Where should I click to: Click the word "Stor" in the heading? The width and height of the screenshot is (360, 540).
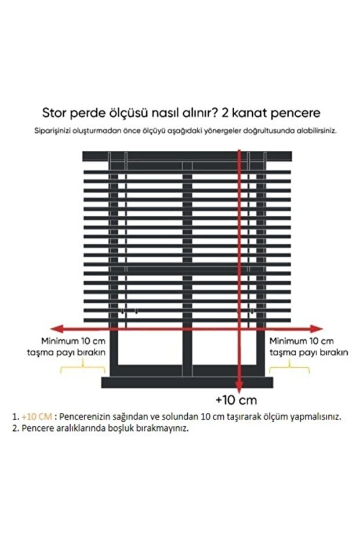pyautogui.click(x=54, y=113)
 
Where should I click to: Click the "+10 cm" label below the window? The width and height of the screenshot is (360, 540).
pyautogui.click(x=236, y=400)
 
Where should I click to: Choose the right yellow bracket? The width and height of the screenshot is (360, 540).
pyautogui.click(x=289, y=367)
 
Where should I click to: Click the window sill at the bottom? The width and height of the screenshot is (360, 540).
pyautogui.click(x=186, y=382)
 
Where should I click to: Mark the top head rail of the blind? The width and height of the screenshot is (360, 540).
pyautogui.click(x=186, y=156)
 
